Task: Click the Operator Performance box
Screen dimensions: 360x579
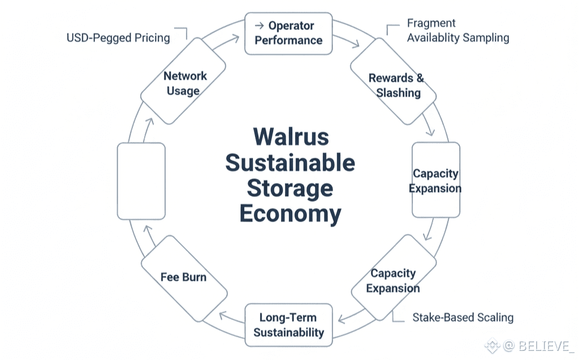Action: pos(288,33)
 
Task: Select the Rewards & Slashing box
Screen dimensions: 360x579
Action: pos(395,85)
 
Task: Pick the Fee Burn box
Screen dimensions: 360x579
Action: pos(183,277)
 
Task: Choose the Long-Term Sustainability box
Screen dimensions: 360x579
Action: pos(288,325)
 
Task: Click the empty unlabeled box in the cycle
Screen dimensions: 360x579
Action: pos(141,181)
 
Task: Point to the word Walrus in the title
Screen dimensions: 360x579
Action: pos(291,137)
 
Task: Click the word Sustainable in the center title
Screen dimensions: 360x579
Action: pos(291,163)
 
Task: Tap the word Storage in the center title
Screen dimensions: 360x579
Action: pos(291,189)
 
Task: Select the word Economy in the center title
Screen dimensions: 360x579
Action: pos(291,214)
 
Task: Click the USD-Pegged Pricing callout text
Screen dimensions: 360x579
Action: pos(118,38)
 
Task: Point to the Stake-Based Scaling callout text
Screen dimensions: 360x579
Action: pos(463,317)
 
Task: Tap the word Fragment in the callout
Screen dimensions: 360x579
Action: pos(431,24)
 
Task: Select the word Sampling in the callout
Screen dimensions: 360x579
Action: pos(486,38)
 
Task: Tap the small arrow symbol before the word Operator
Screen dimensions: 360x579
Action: pos(260,26)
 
